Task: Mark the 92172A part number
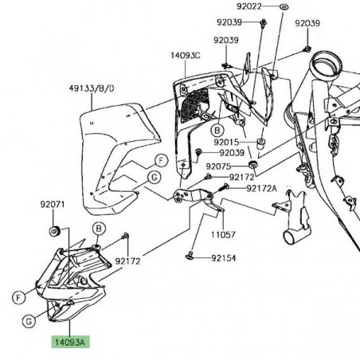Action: click(x=261, y=188)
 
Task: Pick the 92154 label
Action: click(x=227, y=258)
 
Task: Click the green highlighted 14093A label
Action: click(x=72, y=344)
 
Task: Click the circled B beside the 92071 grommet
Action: click(x=99, y=229)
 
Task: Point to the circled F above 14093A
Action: click(x=17, y=298)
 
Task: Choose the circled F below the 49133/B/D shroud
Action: click(x=160, y=161)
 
